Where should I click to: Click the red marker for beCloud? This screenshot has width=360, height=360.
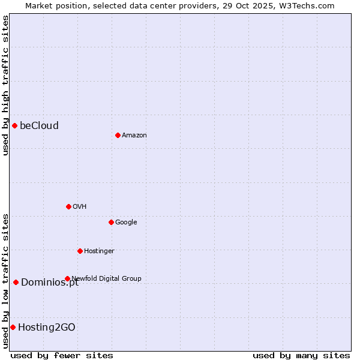click(x=14, y=125)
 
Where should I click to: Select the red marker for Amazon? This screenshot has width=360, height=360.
click(x=118, y=135)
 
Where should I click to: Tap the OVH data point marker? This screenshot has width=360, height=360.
click(x=68, y=206)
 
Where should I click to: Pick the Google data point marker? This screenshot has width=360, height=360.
click(x=111, y=222)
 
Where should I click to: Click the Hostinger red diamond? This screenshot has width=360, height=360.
click(x=80, y=251)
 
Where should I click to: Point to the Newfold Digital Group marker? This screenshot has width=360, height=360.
click(x=67, y=278)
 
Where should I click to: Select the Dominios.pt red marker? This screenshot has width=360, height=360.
click(x=16, y=282)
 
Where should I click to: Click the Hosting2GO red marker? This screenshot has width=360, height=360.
click(x=13, y=327)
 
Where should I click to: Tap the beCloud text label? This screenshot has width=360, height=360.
click(x=39, y=125)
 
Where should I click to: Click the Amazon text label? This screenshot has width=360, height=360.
click(x=134, y=135)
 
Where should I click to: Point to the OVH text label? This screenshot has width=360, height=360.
click(x=79, y=206)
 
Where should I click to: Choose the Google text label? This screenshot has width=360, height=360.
click(x=126, y=222)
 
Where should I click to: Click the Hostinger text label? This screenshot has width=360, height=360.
click(x=99, y=251)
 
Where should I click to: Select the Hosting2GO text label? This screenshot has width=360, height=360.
click(x=46, y=327)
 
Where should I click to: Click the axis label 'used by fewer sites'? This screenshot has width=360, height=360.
click(x=62, y=355)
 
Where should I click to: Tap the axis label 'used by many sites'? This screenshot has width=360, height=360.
click(x=301, y=355)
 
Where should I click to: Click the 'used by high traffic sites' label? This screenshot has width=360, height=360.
click(x=5, y=85)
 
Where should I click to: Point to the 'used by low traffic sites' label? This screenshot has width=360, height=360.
click(x=5, y=280)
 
